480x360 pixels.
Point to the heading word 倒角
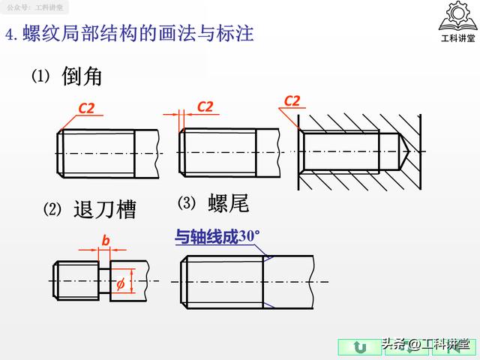82,76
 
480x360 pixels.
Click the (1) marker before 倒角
39,76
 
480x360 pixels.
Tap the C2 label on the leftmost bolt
87,109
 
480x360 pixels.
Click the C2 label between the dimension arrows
205,106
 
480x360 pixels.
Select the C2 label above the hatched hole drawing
292,100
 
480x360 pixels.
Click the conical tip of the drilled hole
402,151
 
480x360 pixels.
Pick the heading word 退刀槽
104,209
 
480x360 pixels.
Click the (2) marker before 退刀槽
51,209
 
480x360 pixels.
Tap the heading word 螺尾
228,203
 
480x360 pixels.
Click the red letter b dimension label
106,240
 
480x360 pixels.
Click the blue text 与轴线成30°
217,238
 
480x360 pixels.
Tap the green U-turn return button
360,347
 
